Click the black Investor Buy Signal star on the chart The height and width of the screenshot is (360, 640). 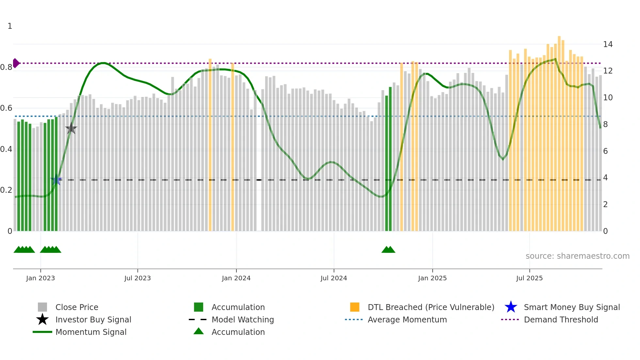coord(71,128)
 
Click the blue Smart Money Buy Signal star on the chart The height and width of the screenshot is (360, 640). coord(56,180)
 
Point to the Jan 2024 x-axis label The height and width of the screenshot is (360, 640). coord(236,278)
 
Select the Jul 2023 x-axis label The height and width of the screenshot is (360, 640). coord(137,278)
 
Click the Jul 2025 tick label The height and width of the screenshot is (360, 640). coord(529,278)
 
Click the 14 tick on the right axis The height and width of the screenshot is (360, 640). coord(608,44)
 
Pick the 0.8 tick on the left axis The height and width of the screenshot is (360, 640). coord(7,67)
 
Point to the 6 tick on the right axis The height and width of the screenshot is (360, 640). coord(605,151)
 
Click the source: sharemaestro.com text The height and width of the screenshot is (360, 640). coord(577,256)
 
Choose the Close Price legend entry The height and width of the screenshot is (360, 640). coord(77,307)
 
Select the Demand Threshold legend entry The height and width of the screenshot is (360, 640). coord(561,319)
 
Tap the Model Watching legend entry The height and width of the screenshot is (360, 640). coord(242,319)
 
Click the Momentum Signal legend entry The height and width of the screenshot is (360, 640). coord(91,332)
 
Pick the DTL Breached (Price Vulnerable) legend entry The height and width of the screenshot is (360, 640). coord(431,307)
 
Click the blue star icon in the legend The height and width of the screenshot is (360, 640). coord(511,307)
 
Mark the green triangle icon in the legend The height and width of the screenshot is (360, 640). coord(199,331)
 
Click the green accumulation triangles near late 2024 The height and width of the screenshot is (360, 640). coord(388,250)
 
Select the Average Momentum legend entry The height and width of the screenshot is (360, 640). coord(407,319)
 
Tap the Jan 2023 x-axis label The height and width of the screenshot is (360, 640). coord(40,278)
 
